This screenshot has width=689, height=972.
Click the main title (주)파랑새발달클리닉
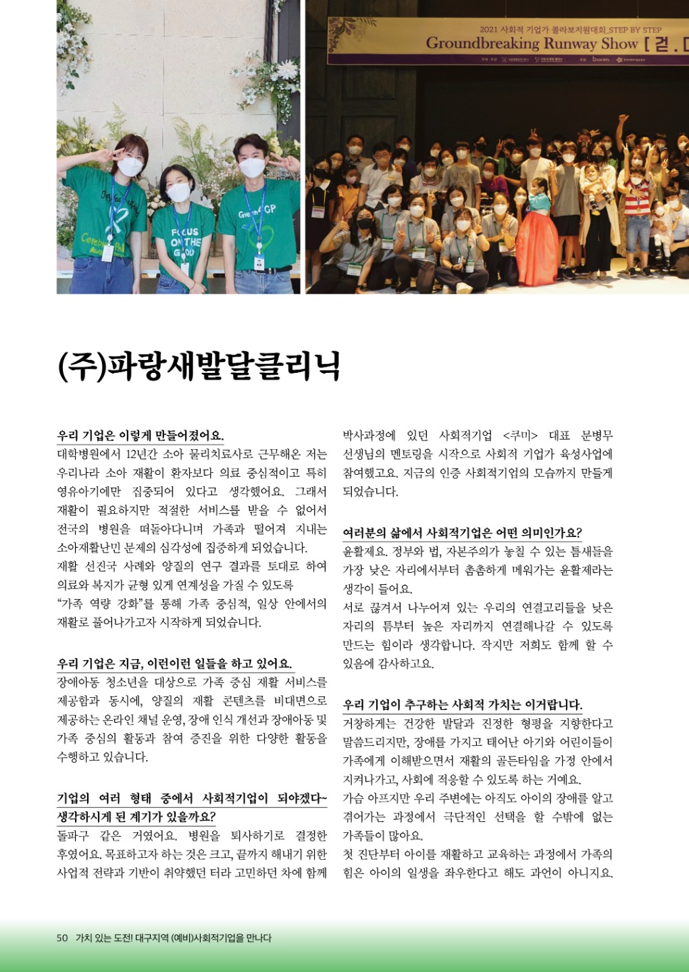coord(199,365)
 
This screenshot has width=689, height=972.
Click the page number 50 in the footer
coord(62,938)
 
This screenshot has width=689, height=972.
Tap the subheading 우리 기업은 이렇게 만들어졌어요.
coord(141,436)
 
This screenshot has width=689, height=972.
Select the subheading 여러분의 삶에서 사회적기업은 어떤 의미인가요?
coord(462,533)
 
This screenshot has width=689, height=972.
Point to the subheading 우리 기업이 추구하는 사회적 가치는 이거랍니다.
coord(462,705)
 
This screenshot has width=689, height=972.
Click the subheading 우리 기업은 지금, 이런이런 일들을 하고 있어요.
coord(174,664)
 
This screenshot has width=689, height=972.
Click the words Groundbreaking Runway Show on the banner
coord(532,44)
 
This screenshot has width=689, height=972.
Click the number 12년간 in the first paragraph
coord(145,454)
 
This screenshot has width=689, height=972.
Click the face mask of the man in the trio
coord(252,168)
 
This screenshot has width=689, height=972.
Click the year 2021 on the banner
coord(488,30)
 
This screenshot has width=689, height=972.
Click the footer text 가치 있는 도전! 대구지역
coord(122,938)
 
